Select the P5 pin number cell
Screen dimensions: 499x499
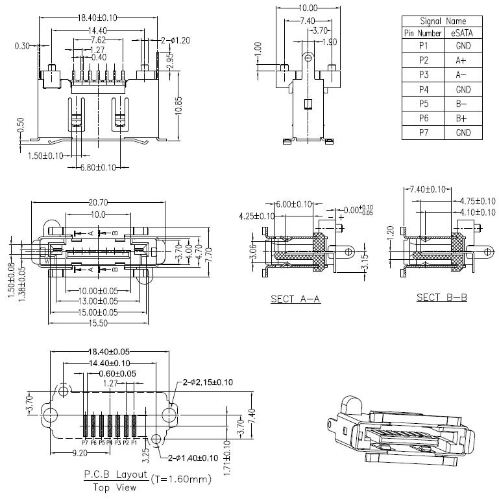(x=423, y=104)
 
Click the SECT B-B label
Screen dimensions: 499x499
(x=442, y=297)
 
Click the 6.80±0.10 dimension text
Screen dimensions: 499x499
(x=97, y=167)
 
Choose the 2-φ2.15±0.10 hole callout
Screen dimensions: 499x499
(x=210, y=382)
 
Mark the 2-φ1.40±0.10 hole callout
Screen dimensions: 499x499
(x=193, y=458)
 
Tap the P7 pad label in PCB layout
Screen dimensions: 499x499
(x=86, y=443)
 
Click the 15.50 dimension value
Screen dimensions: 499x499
(x=98, y=322)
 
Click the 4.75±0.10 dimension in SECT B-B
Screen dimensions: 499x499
(x=476, y=201)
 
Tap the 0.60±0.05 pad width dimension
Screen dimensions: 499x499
(x=117, y=373)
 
